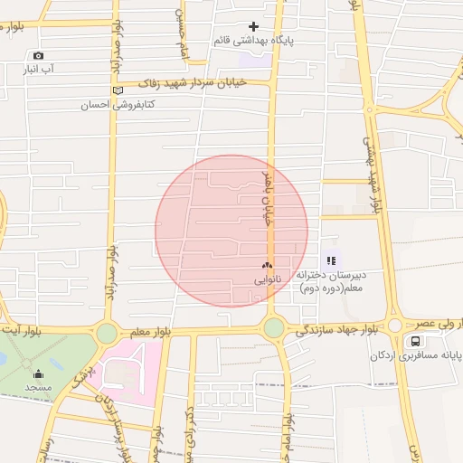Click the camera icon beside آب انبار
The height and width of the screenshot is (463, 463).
[37, 56]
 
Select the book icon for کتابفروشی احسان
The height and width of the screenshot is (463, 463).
[117, 90]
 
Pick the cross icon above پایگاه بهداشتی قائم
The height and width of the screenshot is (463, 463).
[253, 27]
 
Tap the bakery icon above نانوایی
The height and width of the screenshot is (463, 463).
[267, 266]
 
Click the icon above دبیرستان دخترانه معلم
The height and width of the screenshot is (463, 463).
[330, 260]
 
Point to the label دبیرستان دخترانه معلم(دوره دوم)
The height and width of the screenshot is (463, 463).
[339, 280]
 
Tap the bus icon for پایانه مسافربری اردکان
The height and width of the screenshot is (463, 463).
[415, 342]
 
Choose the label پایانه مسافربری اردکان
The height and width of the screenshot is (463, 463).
[415, 355]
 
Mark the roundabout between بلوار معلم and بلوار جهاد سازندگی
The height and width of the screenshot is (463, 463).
[273, 328]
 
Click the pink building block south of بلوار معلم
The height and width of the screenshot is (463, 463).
[127, 371]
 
